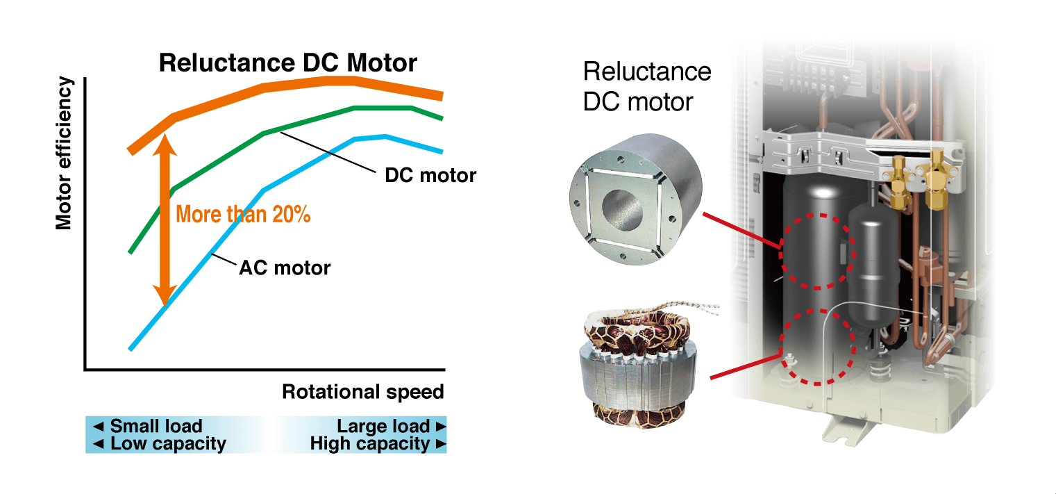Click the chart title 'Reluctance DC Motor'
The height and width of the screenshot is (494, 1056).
point(288,63)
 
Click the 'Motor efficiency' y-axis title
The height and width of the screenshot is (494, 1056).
point(64,154)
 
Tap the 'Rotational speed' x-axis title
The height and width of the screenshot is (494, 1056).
point(362,392)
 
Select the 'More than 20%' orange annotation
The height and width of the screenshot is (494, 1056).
point(243,214)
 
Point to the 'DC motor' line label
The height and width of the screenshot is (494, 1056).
point(430,175)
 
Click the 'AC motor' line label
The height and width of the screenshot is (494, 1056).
point(285,267)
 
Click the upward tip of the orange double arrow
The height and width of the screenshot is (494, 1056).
point(165,138)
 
